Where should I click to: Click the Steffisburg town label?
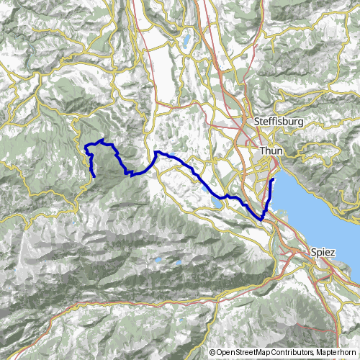pyautogui.click(x=276, y=122)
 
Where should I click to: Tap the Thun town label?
pyautogui.click(x=271, y=150)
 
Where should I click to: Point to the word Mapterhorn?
pyautogui.click(x=337, y=353)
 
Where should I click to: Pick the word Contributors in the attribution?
pyautogui.click(x=293, y=353)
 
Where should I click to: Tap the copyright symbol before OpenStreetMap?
pyautogui.click(x=213, y=353)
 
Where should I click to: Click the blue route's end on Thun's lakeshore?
pyautogui.click(x=272, y=179)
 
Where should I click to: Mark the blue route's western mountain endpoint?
pyautogui.click(x=94, y=175)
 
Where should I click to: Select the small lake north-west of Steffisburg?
pyautogui.click(x=188, y=40)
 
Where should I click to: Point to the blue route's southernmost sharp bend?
pyautogui.click(x=262, y=219)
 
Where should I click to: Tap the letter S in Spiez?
pyautogui.click(x=313, y=253)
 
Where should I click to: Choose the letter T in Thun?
pyautogui.click(x=261, y=150)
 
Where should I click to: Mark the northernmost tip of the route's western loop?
pyautogui.click(x=104, y=140)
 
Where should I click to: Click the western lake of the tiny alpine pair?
pyautogui.click(x=158, y=261)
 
